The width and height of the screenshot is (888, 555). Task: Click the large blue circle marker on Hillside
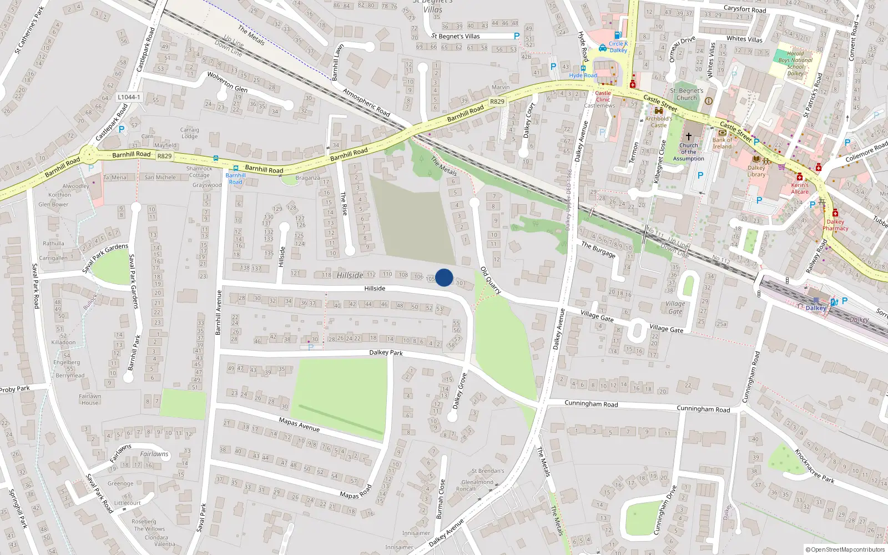pyautogui.click(x=444, y=277)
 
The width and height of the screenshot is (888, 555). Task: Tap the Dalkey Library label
pyautogui.click(x=756, y=171)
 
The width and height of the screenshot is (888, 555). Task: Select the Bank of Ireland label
pyautogui.click(x=722, y=143)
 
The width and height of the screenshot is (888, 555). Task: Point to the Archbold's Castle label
pyautogui.click(x=659, y=122)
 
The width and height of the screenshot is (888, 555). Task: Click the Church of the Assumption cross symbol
pyautogui.click(x=689, y=136)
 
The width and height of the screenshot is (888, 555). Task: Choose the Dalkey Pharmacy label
pyautogui.click(x=835, y=225)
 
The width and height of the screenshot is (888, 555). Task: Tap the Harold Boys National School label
pyautogui.click(x=795, y=63)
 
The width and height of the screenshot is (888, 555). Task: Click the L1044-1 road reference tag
pyautogui.click(x=129, y=97)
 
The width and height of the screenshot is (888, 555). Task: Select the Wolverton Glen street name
pyautogui.click(x=227, y=82)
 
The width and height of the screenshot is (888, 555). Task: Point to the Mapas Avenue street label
pyautogui.click(x=299, y=424)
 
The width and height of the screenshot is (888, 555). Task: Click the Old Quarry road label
pyautogui.click(x=491, y=280)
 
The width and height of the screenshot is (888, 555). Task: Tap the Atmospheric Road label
pyautogui.click(x=366, y=102)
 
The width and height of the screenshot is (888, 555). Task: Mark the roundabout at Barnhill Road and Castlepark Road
pyautogui.click(x=88, y=155)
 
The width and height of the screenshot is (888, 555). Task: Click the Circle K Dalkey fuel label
pyautogui.click(x=618, y=47)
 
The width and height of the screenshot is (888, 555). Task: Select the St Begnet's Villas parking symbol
pyautogui.click(x=517, y=36)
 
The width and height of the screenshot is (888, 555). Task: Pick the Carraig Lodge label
pyautogui.click(x=189, y=133)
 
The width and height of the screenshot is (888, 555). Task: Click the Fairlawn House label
pyautogui.click(x=90, y=399)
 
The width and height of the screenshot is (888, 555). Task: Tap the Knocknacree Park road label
pyautogui.click(x=814, y=466)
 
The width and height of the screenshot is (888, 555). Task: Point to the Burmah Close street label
pyautogui.click(x=440, y=499)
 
